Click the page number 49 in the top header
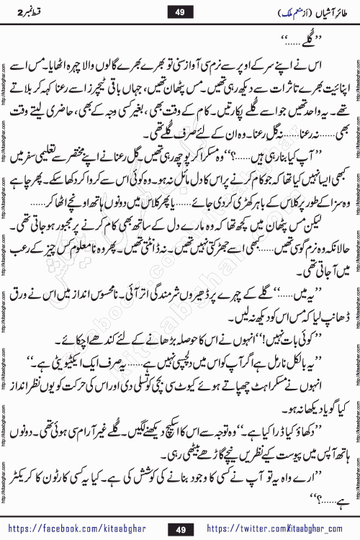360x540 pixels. coord(180,12)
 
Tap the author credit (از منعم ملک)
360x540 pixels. coord(258,12)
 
